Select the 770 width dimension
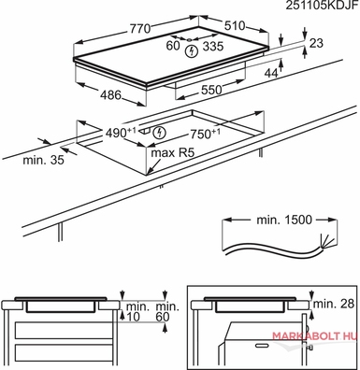[x=140, y=29]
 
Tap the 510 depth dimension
[x=235, y=26]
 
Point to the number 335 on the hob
[x=213, y=47]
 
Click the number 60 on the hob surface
[x=173, y=46]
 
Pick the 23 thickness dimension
[x=316, y=43]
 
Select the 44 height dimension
[x=271, y=73]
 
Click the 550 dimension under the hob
[x=211, y=90]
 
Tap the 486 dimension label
[x=110, y=95]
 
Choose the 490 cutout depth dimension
[x=121, y=133]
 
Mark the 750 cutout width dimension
[x=205, y=134]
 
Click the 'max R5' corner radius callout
[x=173, y=153]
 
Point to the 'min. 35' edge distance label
[x=43, y=160]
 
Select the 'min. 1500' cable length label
[x=284, y=220]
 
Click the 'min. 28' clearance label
[x=334, y=304]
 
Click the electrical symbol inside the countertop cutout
[x=160, y=133]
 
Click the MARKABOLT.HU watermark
[x=314, y=336]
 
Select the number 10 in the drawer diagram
[x=135, y=317]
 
